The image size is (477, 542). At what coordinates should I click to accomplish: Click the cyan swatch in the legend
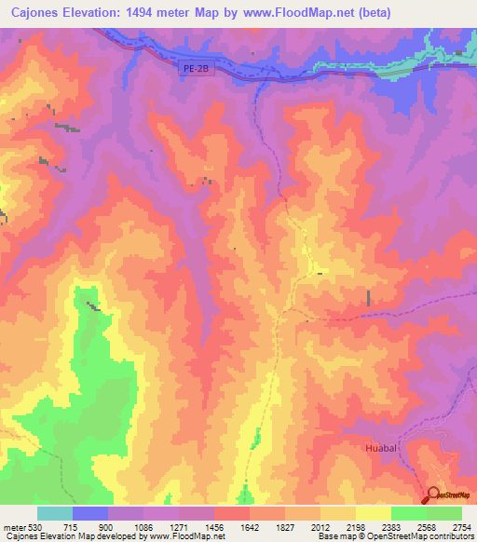pyautogui.click(x=55, y=513)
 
